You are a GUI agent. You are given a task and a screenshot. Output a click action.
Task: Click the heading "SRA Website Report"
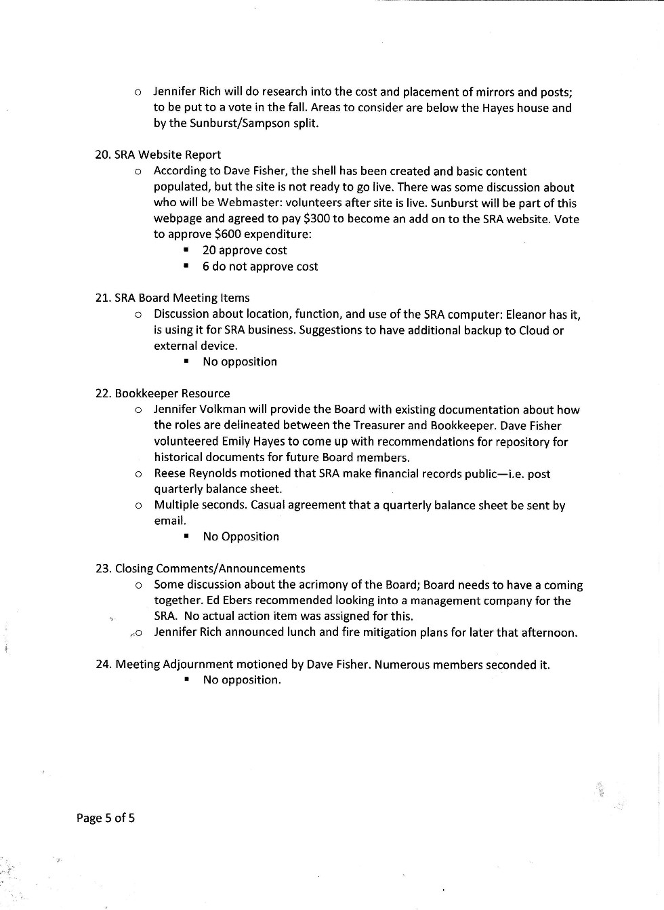(x=167, y=155)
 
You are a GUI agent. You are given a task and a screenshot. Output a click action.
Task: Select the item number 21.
(x=102, y=298)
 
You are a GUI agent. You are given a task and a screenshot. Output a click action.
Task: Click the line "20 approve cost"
(x=245, y=250)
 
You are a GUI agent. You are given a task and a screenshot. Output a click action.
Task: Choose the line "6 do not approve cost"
(x=260, y=266)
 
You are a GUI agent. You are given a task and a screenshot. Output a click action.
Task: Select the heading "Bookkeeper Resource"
(x=172, y=393)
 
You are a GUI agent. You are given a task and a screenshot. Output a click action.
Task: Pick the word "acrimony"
(x=321, y=585)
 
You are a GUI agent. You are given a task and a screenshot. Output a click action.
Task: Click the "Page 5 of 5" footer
(x=106, y=818)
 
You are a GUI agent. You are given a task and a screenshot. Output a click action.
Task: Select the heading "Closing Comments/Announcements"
(x=210, y=568)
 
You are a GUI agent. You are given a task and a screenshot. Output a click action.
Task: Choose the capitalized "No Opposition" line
(x=241, y=536)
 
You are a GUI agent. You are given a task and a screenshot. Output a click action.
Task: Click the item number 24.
(x=103, y=665)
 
